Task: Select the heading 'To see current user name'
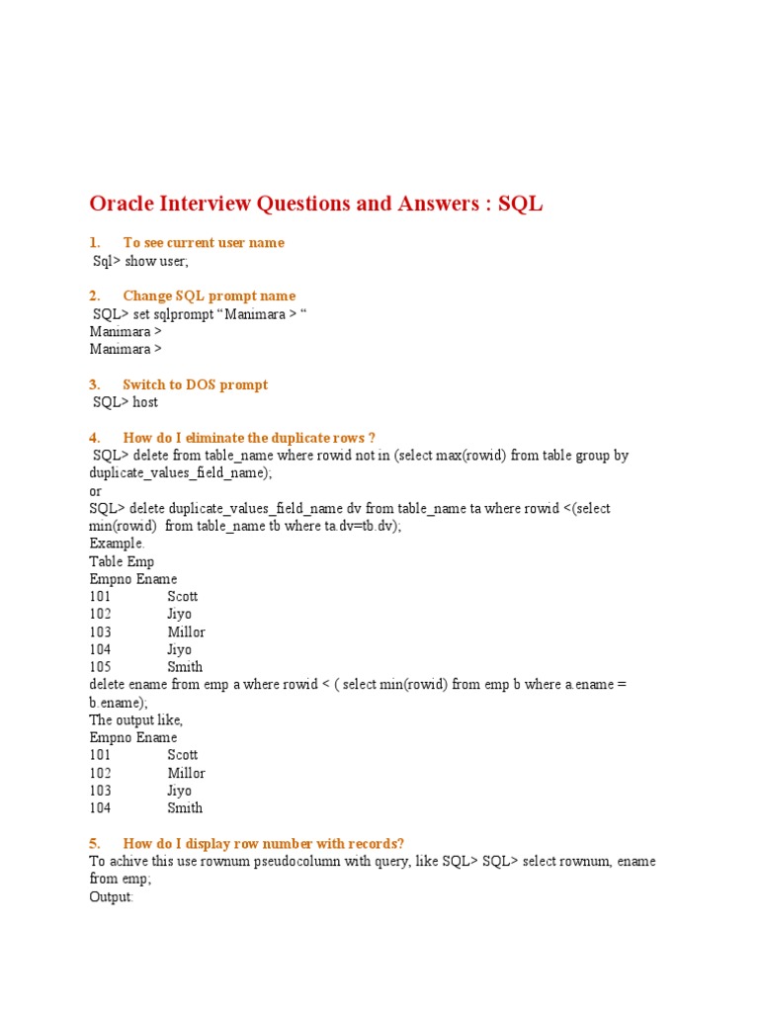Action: [x=203, y=243]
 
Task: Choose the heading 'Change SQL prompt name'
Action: [x=209, y=296]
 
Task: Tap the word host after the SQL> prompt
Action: [x=145, y=403]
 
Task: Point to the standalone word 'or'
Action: [x=96, y=491]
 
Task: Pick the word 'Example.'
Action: [x=117, y=544]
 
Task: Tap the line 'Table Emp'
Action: [x=122, y=561]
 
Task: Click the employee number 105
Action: [x=100, y=667]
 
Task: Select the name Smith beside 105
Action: [x=185, y=667]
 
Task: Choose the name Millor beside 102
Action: [x=186, y=773]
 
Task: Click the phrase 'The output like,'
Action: [x=136, y=720]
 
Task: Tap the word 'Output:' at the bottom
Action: [x=111, y=896]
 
